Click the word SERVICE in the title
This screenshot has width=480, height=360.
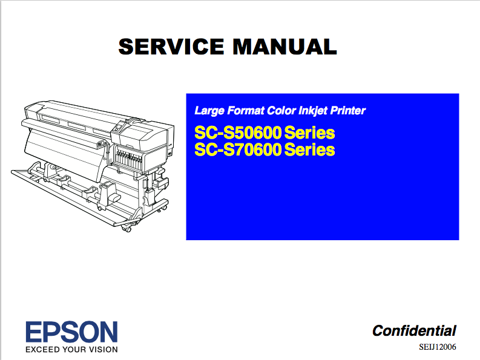point(171,47)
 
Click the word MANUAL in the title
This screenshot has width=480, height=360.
point(285,47)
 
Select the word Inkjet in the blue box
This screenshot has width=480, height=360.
point(312,111)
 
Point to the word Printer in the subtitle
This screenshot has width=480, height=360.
point(348,111)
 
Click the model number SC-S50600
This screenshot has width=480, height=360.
point(238,133)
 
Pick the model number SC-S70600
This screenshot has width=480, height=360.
point(238,149)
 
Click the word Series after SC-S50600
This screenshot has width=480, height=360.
point(309,133)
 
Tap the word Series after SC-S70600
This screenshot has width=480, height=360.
point(309,149)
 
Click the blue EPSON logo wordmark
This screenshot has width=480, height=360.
point(71,332)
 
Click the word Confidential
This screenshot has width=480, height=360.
point(414,331)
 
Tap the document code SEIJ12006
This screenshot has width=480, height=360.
point(438,347)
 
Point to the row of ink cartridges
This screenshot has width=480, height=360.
point(128,159)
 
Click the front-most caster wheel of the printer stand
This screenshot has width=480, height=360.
point(127,228)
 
